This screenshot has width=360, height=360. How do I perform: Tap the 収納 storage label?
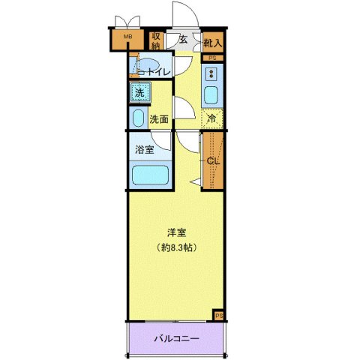pos(156,40)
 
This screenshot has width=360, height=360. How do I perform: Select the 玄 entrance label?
pos(182,40)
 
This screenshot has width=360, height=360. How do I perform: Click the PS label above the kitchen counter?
pos(212,58)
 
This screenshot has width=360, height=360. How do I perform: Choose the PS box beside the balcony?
pos(218,316)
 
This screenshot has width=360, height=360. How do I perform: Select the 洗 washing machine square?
pos(138,93)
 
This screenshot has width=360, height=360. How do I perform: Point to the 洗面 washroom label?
pos(157,118)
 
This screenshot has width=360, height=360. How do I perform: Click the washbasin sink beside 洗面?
pos(138,118)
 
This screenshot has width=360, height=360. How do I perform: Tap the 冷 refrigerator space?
pos(212,118)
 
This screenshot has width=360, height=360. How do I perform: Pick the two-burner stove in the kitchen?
pos(211,73)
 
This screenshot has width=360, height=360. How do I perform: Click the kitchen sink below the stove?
pos(211,95)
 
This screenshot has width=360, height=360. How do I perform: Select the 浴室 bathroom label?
pos(145,149)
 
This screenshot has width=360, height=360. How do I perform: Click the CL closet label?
pos(212,159)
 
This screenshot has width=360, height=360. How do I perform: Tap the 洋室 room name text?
pos(176,232)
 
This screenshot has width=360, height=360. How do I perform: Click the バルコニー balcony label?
pos(176,338)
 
